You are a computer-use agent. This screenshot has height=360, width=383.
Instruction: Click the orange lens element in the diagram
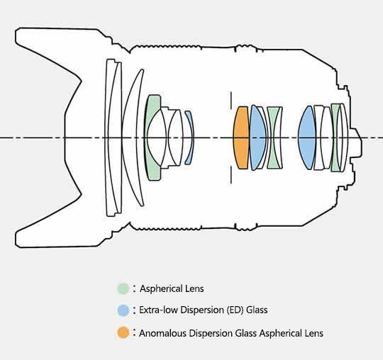click(241, 137)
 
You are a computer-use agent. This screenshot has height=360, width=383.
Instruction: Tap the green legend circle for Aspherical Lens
click(123, 288)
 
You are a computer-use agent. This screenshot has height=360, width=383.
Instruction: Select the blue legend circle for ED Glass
click(123, 310)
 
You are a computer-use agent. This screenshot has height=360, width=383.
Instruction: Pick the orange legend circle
click(123, 332)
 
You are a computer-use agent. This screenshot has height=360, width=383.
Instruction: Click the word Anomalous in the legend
click(162, 333)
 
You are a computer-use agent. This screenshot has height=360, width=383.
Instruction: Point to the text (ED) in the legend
click(235, 310)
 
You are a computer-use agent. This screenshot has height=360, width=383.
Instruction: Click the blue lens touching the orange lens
click(257, 137)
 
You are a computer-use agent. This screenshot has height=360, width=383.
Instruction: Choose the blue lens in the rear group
click(307, 137)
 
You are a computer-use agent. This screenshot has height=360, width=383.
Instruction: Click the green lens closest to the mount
click(335, 137)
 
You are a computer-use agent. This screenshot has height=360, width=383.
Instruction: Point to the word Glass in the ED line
click(257, 310)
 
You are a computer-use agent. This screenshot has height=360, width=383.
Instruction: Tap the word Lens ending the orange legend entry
click(314, 333)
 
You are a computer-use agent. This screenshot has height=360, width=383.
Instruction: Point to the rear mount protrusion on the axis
click(355, 142)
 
